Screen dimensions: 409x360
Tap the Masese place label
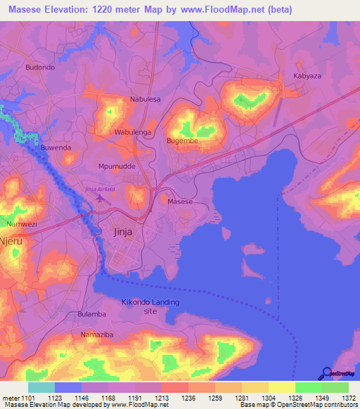(180, 201)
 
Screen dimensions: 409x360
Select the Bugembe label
(182, 141)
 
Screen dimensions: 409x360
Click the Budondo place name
(39, 67)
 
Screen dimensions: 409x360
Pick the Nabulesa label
(146, 99)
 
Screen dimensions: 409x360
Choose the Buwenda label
(56, 148)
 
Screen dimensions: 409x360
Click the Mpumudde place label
(116, 167)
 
